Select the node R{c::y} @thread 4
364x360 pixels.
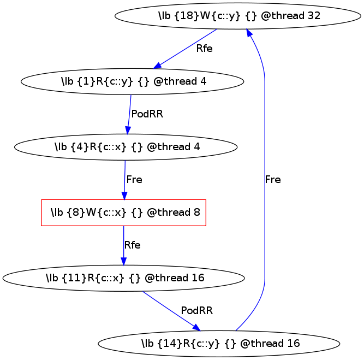tap(132, 81)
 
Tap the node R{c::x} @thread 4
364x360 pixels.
tap(126, 147)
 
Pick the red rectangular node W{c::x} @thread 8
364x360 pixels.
tap(124, 213)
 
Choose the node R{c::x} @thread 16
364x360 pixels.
tap(123, 278)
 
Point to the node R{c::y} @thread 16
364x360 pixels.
tap(219, 344)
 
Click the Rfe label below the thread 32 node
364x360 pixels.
tap(204, 48)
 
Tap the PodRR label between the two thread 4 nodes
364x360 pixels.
tap(147, 114)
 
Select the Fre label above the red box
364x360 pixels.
tap(134, 180)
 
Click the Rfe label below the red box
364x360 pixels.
tap(133, 245)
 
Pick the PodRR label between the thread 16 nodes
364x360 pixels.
tap(196, 311)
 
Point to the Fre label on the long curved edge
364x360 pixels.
tap(273, 180)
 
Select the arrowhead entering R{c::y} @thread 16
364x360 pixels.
tap(196, 328)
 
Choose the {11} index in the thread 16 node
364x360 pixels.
tap(71, 278)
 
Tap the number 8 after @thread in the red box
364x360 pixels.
tap(196, 213)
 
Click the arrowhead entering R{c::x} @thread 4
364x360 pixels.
tap(128, 131)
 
